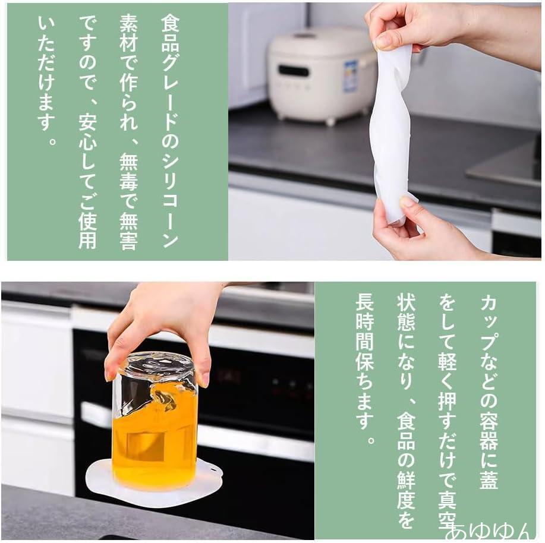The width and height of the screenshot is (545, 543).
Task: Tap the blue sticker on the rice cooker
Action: pyautogui.click(x=350, y=76)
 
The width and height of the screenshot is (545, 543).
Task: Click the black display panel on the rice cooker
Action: pyautogui.click(x=294, y=71)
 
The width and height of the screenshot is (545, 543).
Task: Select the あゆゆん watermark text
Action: pyautogui.click(x=493, y=532)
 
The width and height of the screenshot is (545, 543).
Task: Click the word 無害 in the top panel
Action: pyautogui.click(x=128, y=231)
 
